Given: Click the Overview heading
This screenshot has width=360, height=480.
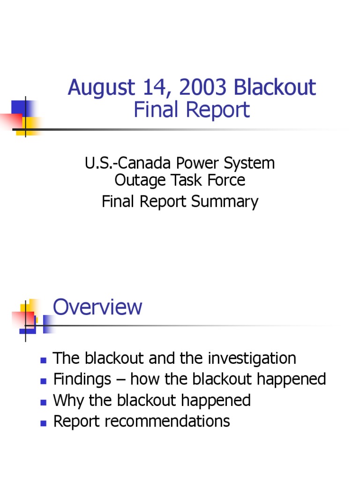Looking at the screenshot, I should coord(97,307).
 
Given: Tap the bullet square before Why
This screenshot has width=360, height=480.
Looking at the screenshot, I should coord(43,402).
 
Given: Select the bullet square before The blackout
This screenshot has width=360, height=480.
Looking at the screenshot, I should coord(43,360).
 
